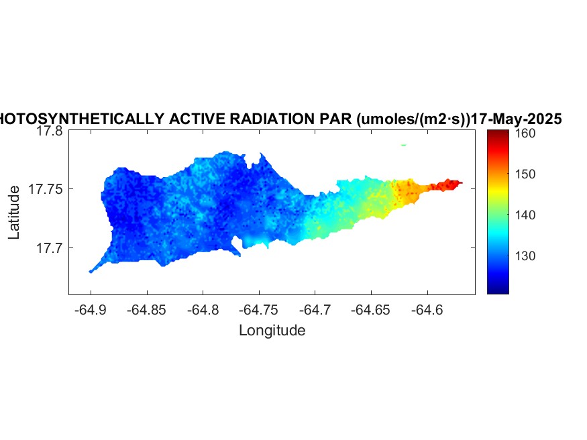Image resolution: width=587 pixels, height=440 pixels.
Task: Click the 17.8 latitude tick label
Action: [x=49, y=131]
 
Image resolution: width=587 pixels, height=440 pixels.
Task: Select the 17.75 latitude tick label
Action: [x=46, y=190]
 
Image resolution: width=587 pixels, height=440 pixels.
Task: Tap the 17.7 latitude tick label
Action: [x=49, y=248]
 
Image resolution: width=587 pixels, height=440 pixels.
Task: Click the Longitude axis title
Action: [x=272, y=330]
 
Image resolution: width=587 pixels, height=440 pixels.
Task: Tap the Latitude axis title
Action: [x=15, y=213]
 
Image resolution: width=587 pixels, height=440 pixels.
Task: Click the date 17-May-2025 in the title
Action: [x=516, y=119]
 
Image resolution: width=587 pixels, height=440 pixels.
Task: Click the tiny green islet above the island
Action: [x=403, y=145]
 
